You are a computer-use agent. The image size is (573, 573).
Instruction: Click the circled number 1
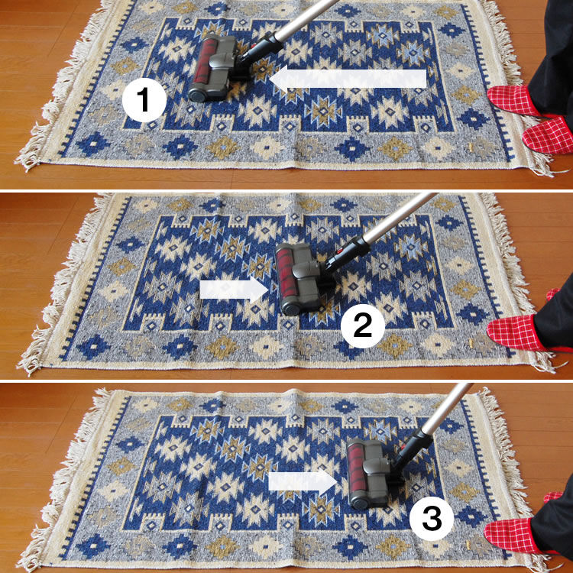point(144,100)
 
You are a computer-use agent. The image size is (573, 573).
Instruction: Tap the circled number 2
point(362,326)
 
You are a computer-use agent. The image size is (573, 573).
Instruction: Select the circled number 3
point(432,518)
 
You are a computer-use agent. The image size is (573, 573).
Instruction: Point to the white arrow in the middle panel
point(235,290)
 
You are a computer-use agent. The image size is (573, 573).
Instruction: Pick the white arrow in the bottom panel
point(303,481)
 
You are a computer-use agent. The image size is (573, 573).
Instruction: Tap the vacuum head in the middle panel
point(303,278)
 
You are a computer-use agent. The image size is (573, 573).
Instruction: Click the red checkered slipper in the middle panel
point(514,332)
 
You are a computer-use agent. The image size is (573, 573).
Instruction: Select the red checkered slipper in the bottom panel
point(513,535)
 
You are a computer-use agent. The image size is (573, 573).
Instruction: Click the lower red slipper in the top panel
point(548,135)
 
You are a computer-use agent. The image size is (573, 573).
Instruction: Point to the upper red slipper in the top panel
point(513,100)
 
